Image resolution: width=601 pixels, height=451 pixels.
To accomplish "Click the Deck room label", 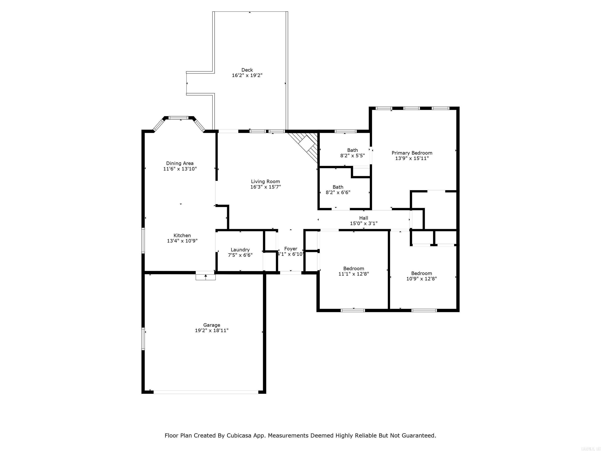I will [x=247, y=70].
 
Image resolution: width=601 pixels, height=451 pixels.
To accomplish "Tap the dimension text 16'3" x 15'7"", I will [x=265, y=187].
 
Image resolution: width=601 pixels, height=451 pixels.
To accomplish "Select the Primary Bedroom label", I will [x=412, y=153].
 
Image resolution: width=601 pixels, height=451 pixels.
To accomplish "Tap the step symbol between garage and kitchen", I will [x=206, y=277].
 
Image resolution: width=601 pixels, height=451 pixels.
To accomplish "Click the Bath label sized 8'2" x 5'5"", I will [x=352, y=150].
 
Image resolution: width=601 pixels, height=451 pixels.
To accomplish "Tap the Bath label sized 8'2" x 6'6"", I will [x=338, y=187].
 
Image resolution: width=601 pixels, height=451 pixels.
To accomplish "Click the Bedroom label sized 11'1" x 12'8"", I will [x=354, y=268].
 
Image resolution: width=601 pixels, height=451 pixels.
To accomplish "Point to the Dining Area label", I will [x=180, y=163].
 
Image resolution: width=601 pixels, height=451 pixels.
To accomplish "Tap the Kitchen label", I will [x=182, y=235].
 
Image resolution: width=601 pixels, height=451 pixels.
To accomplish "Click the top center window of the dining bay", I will [x=178, y=118].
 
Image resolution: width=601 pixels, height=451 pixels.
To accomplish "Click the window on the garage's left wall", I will [x=143, y=339].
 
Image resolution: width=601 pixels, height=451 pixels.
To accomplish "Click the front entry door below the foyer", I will [x=291, y=273].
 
